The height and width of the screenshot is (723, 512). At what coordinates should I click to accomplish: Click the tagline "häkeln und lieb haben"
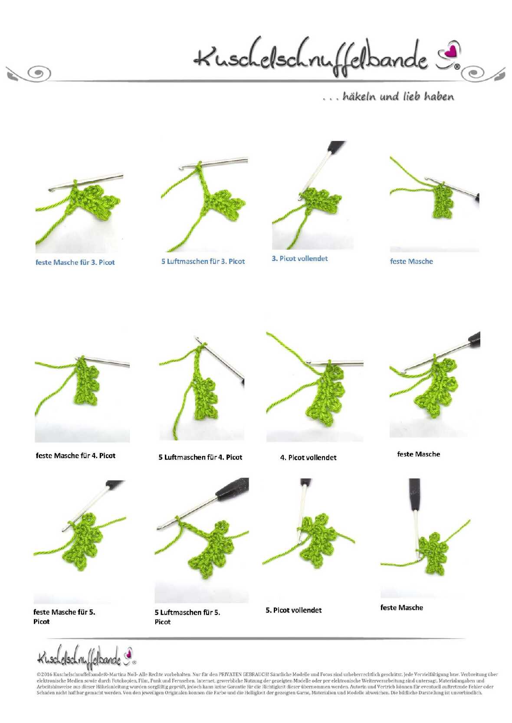pyautogui.click(x=398, y=96)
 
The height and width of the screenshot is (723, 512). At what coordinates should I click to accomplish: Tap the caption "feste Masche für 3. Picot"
pyautogui.click(x=75, y=262)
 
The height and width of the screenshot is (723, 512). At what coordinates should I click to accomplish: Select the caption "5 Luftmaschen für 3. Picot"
pyautogui.click(x=203, y=261)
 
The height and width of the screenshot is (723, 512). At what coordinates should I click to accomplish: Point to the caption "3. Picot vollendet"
pyautogui.click(x=299, y=258)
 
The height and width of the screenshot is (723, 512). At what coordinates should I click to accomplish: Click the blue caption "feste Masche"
pyautogui.click(x=411, y=261)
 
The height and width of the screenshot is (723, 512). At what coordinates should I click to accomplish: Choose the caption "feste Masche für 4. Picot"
pyautogui.click(x=75, y=456)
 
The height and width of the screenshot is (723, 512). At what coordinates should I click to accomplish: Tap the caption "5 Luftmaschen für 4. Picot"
pyautogui.click(x=200, y=457)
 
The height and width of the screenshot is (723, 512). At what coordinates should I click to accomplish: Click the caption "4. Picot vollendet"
pyautogui.click(x=308, y=457)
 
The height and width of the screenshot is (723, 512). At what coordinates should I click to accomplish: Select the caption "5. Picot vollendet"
pyautogui.click(x=294, y=610)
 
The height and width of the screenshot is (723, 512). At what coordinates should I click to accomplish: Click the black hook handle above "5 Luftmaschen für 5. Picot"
pyautogui.click(x=232, y=488)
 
